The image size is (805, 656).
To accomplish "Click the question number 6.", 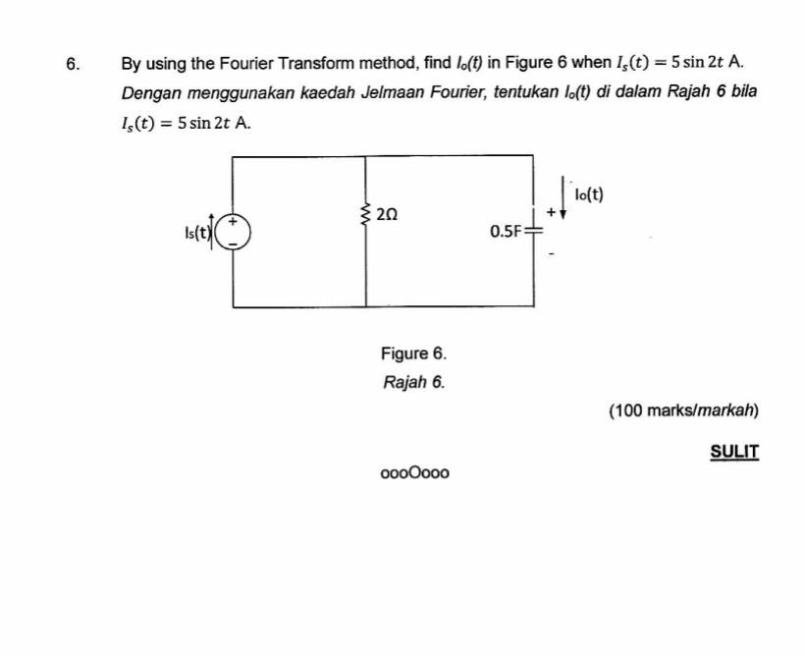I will [x=71, y=65].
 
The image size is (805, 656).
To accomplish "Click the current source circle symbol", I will [x=234, y=232].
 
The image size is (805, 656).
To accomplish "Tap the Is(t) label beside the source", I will [x=196, y=233].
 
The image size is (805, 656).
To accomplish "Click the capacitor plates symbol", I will [x=533, y=231].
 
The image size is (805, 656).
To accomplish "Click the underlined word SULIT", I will [x=735, y=452].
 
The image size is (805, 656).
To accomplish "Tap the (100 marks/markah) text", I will [x=684, y=410].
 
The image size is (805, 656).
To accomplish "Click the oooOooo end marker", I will [x=415, y=473].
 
